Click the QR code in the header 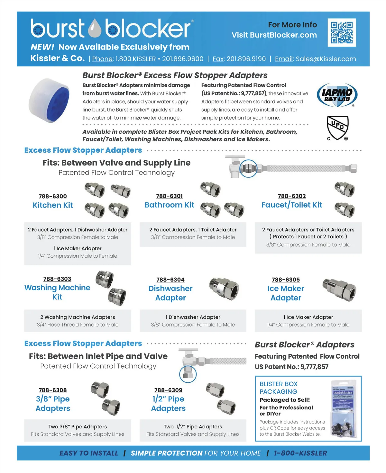pyautogui.click(x=342, y=32)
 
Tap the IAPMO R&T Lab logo pyautogui.click(x=337, y=95)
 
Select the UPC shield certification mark pyautogui.click(x=337, y=128)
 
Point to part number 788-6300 pyautogui.click(x=53, y=196)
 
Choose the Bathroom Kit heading pyautogui.click(x=169, y=205)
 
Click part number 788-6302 pyautogui.click(x=292, y=196)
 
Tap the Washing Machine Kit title pyautogui.click(x=57, y=292)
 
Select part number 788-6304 pyautogui.click(x=170, y=280)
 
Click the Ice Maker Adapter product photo pyautogui.click(x=339, y=288)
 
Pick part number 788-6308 pyautogui.click(x=53, y=390)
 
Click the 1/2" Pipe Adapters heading pyautogui.click(x=168, y=404)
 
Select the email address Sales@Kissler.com pyautogui.click(x=326, y=59)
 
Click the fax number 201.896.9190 pyautogui.click(x=246, y=59)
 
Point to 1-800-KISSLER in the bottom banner pyautogui.click(x=300, y=453)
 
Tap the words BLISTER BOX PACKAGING pyautogui.click(x=278, y=388)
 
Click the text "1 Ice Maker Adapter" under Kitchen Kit pyautogui.click(x=78, y=248)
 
